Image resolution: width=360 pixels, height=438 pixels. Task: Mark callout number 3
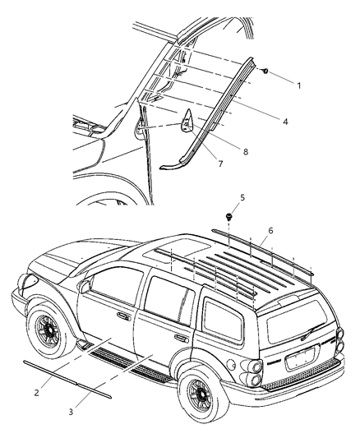coord(93,411)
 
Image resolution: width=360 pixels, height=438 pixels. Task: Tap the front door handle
coord(123,316)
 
